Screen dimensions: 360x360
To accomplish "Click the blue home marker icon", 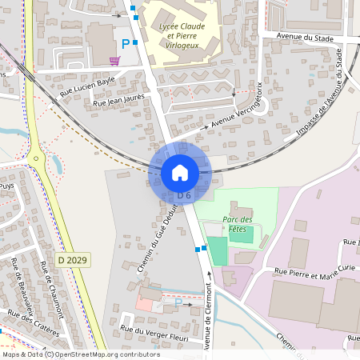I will click(x=180, y=172).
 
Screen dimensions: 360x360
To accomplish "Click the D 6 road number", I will click(x=184, y=195).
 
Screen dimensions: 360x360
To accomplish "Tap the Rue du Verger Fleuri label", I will click(x=154, y=334).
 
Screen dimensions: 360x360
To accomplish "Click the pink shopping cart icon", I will click(x=115, y=60).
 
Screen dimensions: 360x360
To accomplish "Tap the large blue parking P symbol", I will click(x=124, y=45).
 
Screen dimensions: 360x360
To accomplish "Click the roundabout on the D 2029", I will click(x=36, y=157).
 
